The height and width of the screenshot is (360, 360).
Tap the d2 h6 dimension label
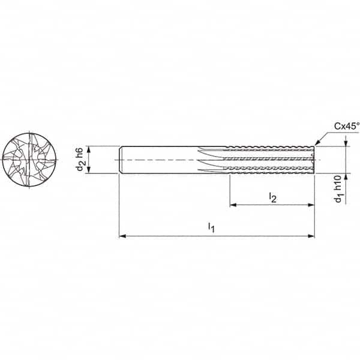pyautogui.click(x=80, y=160)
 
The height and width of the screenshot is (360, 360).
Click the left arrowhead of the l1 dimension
pyautogui.click(x=122, y=236)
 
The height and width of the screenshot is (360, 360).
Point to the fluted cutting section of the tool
pyautogui.click(x=270, y=160)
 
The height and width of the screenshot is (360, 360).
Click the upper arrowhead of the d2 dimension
pyautogui.click(x=89, y=148)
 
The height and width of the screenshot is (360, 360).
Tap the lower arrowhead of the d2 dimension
pyautogui.click(x=89, y=171)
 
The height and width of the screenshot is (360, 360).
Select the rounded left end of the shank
pyautogui.click(x=121, y=160)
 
